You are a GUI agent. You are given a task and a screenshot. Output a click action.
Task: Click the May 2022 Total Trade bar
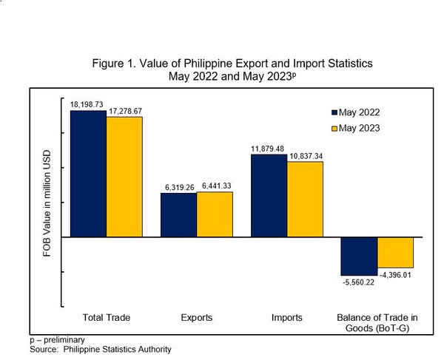pyautogui.click(x=88, y=175)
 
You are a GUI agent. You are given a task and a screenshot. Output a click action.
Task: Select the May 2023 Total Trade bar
pyautogui.click(x=124, y=177)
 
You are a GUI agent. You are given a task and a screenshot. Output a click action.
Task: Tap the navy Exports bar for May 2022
pyautogui.click(x=179, y=215)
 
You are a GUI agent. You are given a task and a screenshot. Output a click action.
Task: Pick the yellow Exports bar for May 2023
pyautogui.click(x=215, y=214)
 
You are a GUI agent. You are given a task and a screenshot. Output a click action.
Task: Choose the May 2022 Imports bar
pyautogui.click(x=269, y=196)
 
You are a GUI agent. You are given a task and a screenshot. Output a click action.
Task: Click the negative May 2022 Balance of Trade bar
pyautogui.click(x=359, y=256)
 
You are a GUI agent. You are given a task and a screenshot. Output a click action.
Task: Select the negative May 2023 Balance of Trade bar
pyautogui.click(x=395, y=253)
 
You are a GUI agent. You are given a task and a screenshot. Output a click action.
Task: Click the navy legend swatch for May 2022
pyautogui.click(x=334, y=112)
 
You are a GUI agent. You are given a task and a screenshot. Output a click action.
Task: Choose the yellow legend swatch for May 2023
pyautogui.click(x=334, y=129)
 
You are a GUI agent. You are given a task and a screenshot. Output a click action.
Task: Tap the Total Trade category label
pyautogui.click(x=108, y=317)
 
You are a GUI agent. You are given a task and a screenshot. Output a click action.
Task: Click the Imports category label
pyautogui.click(x=287, y=317)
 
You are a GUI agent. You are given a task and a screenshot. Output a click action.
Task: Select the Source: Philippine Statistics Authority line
pyautogui.click(x=102, y=348)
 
